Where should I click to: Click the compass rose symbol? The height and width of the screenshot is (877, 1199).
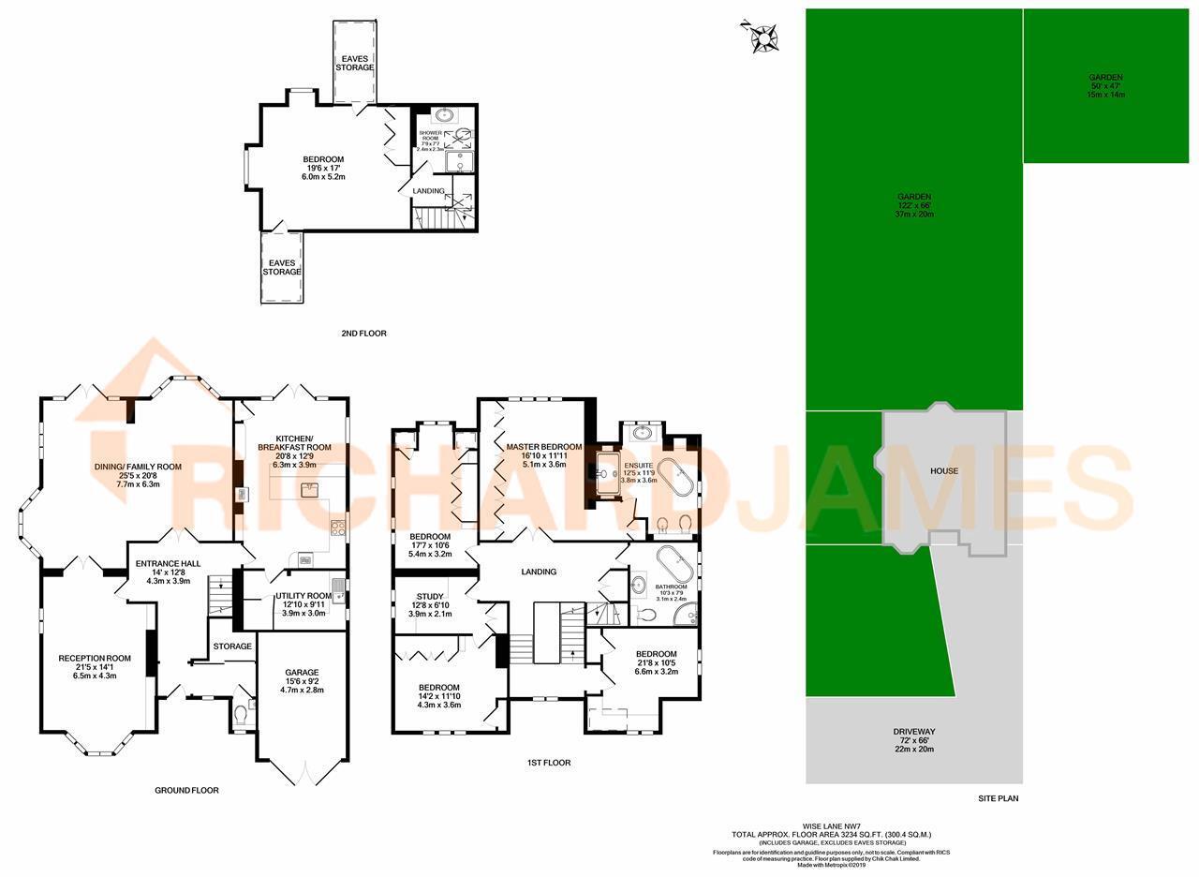762,37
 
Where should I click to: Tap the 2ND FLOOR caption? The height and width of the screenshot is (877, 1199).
364,334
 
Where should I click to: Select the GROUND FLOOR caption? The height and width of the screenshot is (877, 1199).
186,791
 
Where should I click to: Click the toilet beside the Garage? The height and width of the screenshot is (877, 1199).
241,715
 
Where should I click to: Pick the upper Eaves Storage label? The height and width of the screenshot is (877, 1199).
356,63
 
